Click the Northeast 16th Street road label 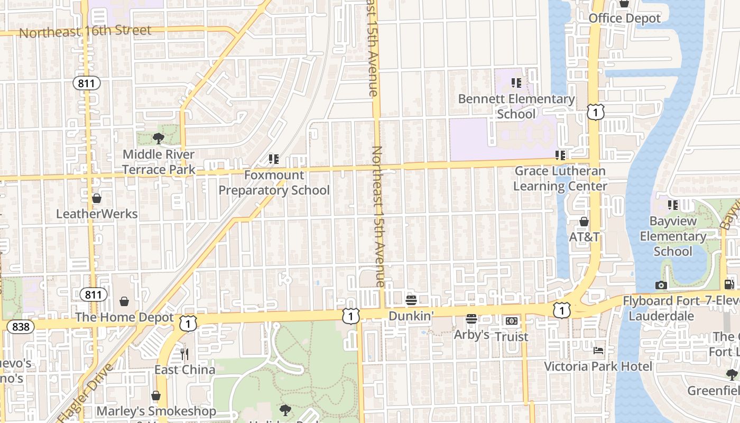85,31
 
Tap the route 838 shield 20,327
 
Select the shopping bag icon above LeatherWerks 97,199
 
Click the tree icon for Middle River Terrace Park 158,139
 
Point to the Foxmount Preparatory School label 274,182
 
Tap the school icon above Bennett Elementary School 516,83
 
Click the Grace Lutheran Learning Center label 560,178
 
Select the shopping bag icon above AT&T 584,222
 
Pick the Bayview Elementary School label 673,236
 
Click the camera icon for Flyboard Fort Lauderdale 661,286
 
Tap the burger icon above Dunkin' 411,300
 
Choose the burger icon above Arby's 471,319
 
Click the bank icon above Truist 511,321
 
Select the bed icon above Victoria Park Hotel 598,350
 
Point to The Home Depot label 124,317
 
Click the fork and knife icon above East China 184,353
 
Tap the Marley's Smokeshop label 156,411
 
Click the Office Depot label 624,18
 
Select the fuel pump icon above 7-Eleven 729,284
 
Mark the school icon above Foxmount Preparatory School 273,159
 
